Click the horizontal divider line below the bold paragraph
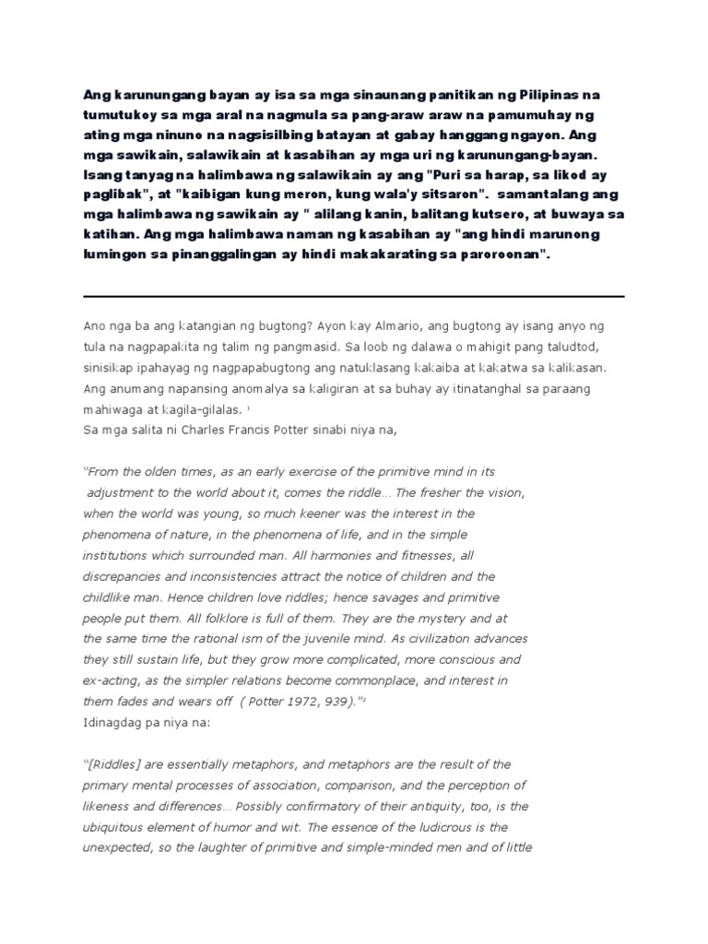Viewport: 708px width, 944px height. tap(354, 296)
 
